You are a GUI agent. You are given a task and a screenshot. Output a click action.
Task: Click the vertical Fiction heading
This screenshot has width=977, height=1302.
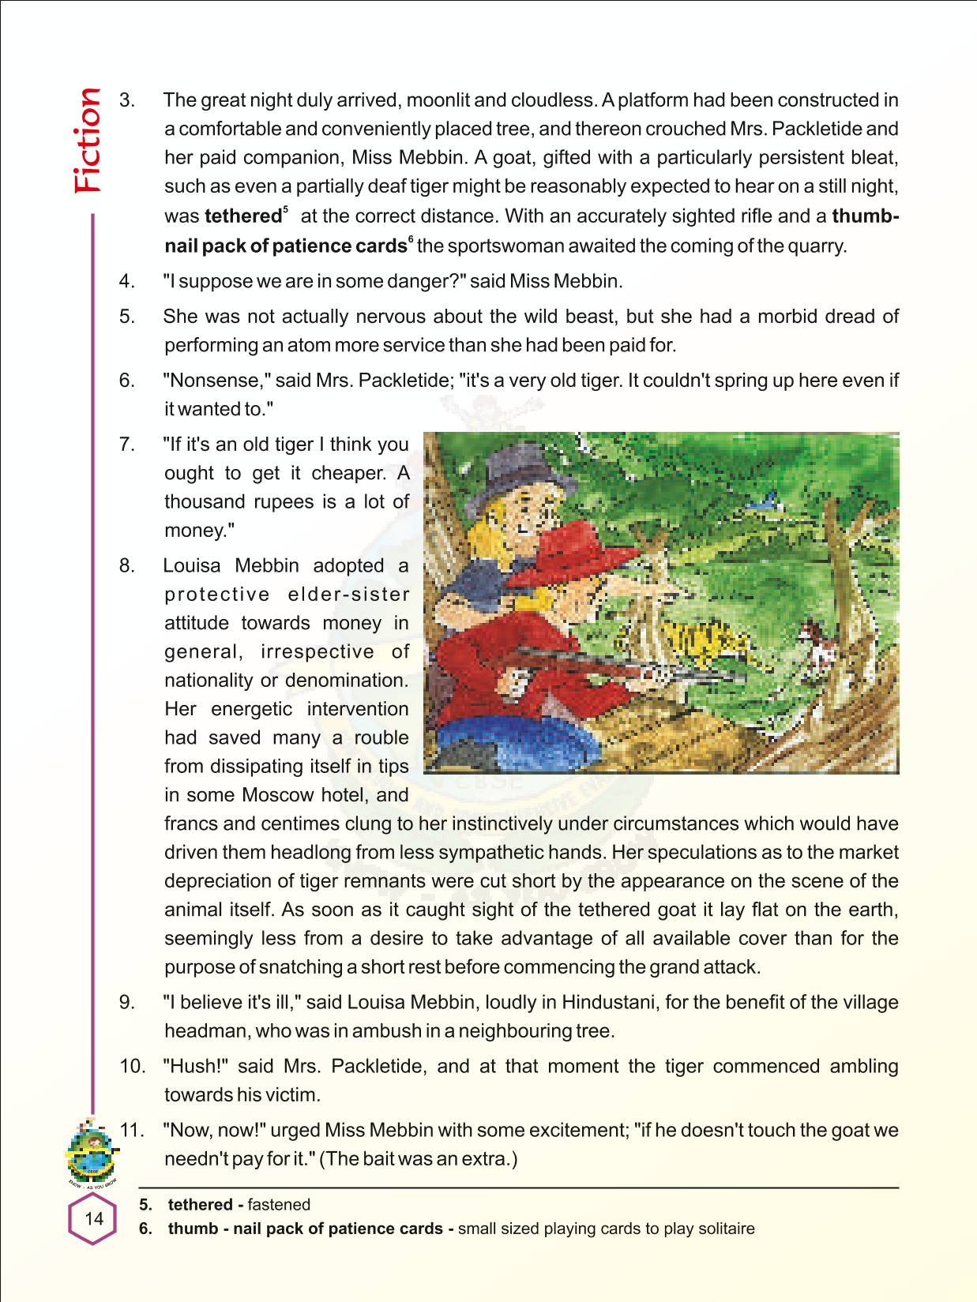(x=87, y=141)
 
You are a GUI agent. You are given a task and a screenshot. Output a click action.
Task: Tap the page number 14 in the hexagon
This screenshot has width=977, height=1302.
(x=93, y=1218)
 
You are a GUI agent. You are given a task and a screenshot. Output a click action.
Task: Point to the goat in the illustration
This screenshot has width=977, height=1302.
(x=812, y=640)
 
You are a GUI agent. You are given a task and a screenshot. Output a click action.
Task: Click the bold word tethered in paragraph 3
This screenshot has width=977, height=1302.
(x=242, y=216)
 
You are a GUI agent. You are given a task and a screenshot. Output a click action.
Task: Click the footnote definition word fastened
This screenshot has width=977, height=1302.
(x=279, y=1204)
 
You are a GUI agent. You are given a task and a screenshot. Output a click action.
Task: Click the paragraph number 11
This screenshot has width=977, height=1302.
(x=132, y=1130)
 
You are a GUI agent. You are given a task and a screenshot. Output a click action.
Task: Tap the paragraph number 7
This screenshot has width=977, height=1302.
(x=127, y=445)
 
